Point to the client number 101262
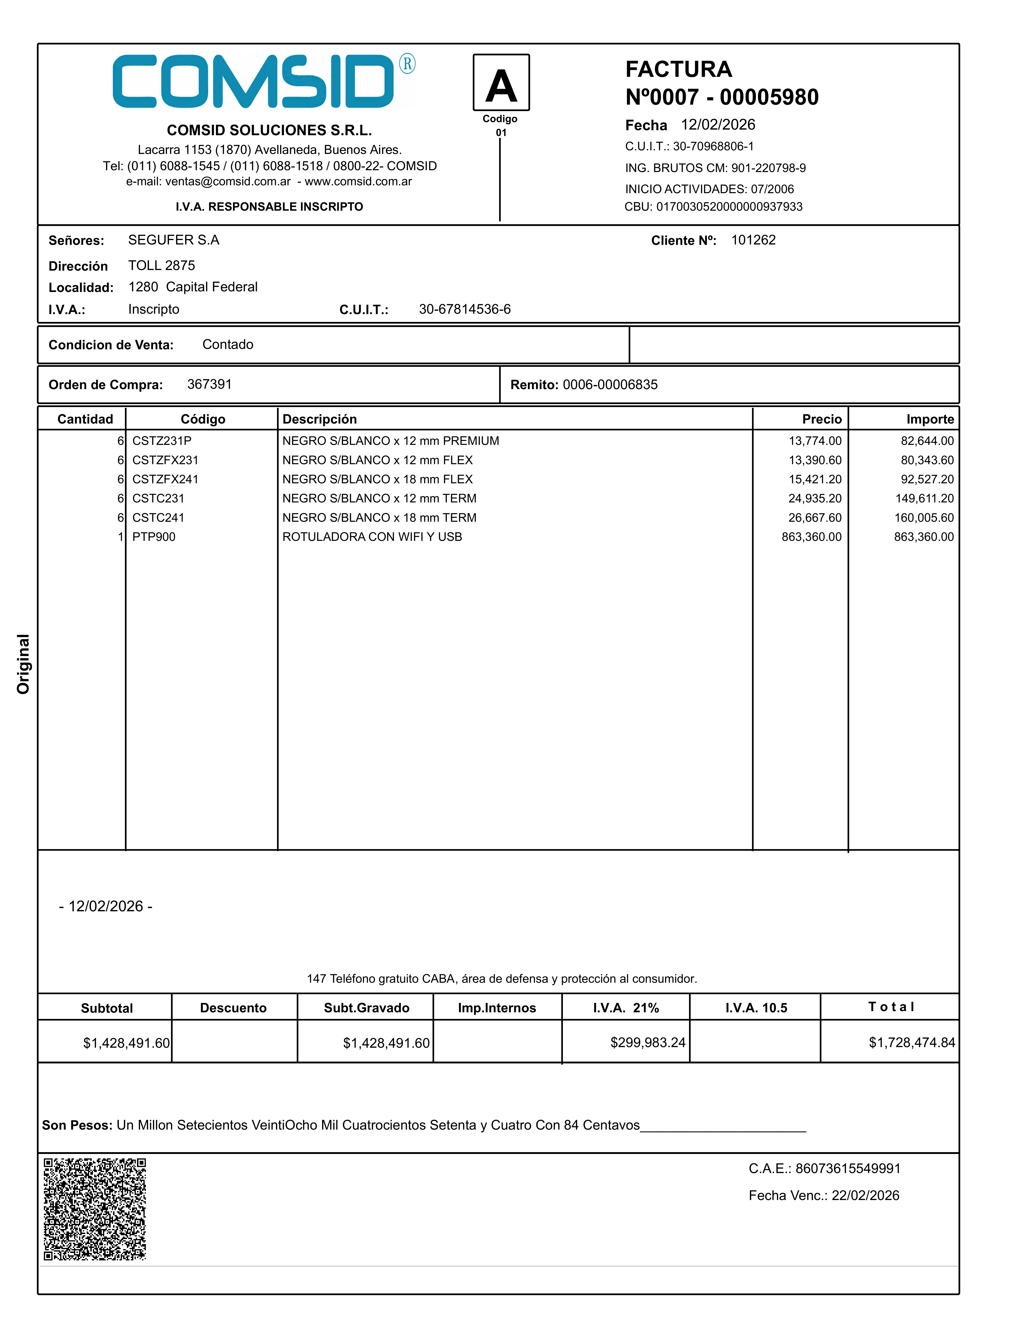coord(753,240)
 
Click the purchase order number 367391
coord(209,384)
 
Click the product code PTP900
coord(154,537)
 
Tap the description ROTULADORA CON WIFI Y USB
coord(372,537)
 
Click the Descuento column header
coord(233,1008)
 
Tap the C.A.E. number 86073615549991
coord(848,1169)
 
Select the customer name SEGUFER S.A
coord(174,240)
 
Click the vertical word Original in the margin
coord(23,664)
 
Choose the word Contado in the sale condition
coord(228,345)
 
